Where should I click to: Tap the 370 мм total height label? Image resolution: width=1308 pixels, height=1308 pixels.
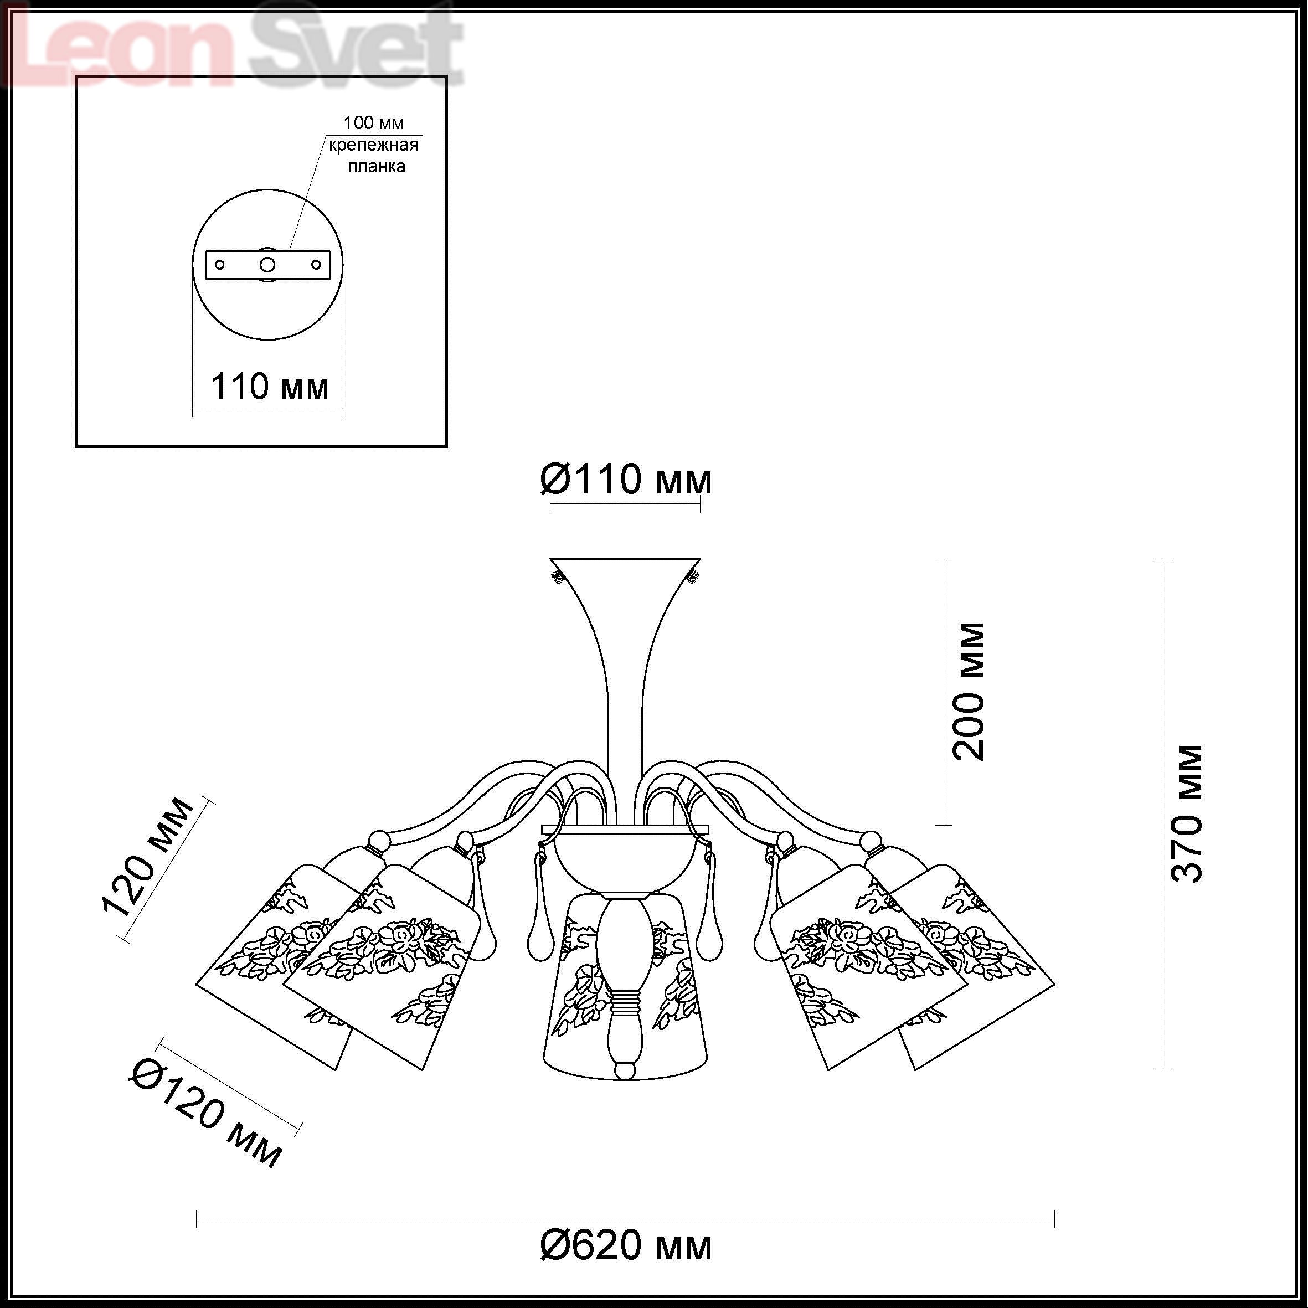pyautogui.click(x=1187, y=813)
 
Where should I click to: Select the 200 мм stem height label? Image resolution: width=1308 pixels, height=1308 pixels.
pyautogui.click(x=969, y=691)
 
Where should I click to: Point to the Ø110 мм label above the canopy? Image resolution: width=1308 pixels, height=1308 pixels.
pyautogui.click(x=626, y=480)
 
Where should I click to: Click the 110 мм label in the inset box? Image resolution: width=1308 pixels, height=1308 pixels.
pyautogui.click(x=270, y=387)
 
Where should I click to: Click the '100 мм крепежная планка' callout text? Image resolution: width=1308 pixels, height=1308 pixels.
pyautogui.click(x=374, y=144)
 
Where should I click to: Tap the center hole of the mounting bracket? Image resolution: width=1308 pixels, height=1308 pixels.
pyautogui.click(x=268, y=264)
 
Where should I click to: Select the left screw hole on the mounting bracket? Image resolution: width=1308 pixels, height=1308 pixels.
pyautogui.click(x=219, y=264)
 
